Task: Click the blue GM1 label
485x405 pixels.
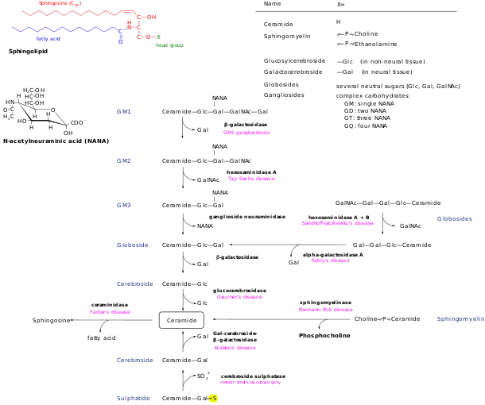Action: pyautogui.click(x=124, y=111)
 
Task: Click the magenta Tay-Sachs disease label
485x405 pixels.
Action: pyautogui.click(x=253, y=179)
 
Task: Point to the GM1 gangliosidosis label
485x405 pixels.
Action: pyautogui.click(x=247, y=133)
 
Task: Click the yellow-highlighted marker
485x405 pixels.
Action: pyautogui.click(x=213, y=399)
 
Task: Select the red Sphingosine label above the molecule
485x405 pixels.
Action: pyautogui.click(x=60, y=3)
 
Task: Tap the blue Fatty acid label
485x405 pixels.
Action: pyautogui.click(x=48, y=39)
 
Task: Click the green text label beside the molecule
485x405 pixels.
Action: pyautogui.click(x=169, y=46)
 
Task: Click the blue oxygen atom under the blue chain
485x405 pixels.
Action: pyautogui.click(x=121, y=40)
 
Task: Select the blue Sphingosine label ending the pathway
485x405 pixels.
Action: pyautogui.click(x=134, y=399)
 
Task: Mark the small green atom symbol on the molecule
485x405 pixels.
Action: pyautogui.click(x=157, y=36)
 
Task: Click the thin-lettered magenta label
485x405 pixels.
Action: pyautogui.click(x=251, y=384)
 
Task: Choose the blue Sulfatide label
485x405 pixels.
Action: pyautogui.click(x=455, y=219)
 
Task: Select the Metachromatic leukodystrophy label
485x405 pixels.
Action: pyautogui.click(x=337, y=223)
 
